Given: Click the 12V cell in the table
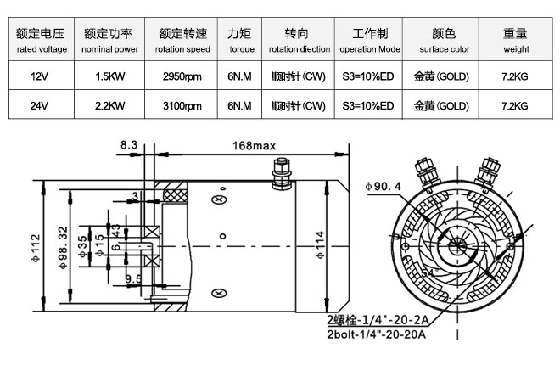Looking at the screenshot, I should (36, 76).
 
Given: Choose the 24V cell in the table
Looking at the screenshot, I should (36, 107).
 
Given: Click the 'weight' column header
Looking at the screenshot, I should (515, 41).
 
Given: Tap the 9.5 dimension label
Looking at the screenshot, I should (133, 278).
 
